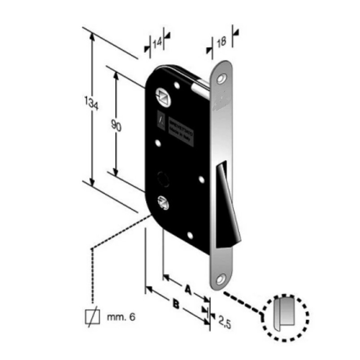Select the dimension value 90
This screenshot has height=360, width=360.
(x=116, y=126)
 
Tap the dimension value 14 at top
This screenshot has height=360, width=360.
(x=157, y=43)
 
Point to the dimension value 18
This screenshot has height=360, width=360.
(x=220, y=42)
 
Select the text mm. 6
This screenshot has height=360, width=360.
(x=121, y=317)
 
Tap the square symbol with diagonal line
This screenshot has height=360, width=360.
(x=92, y=317)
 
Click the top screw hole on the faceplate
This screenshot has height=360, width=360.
(x=221, y=79)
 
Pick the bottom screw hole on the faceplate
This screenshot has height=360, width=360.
(x=220, y=279)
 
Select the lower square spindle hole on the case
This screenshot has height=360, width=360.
(x=163, y=202)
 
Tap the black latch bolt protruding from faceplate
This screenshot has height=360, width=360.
(x=227, y=207)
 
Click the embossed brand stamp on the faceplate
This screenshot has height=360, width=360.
(x=221, y=103)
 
